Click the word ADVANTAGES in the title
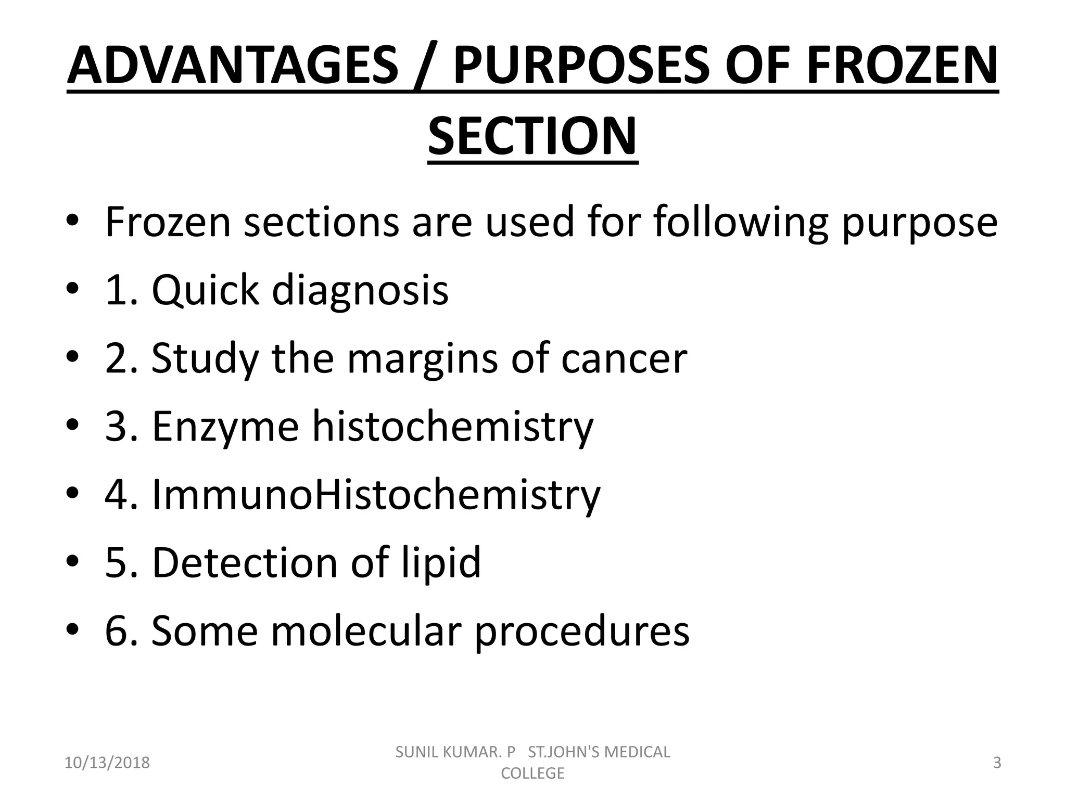click(233, 66)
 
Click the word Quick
click(205, 289)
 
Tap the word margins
click(422, 359)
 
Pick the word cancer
click(624, 359)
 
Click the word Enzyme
click(225, 427)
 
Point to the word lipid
click(441, 563)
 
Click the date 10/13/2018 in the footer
click(107, 763)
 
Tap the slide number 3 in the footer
click(997, 763)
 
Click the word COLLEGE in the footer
click(532, 773)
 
